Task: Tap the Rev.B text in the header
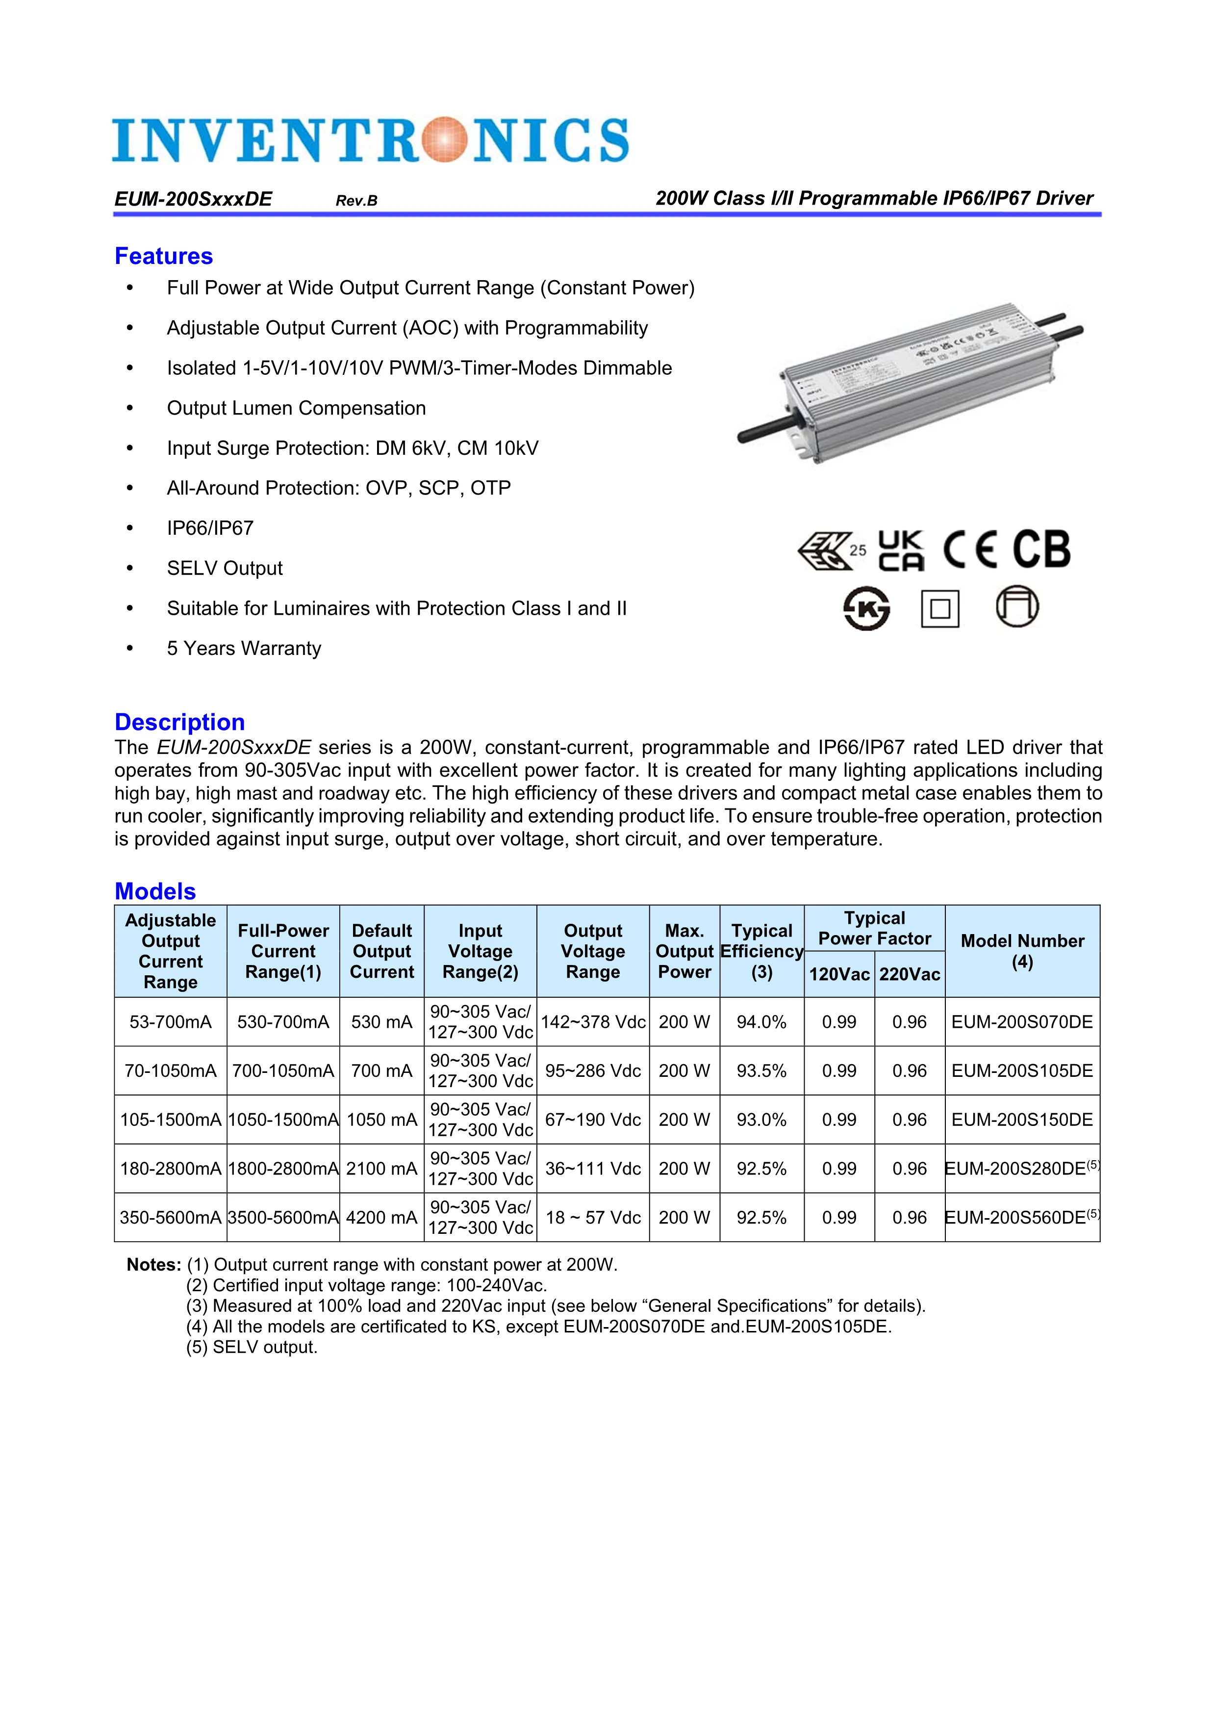(356, 201)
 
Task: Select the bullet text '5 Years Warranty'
(244, 649)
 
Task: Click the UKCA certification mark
(901, 551)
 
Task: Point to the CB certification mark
(1041, 549)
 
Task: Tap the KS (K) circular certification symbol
(867, 608)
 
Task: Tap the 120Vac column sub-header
(838, 974)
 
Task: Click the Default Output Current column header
(381, 951)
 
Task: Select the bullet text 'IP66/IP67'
(210, 528)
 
